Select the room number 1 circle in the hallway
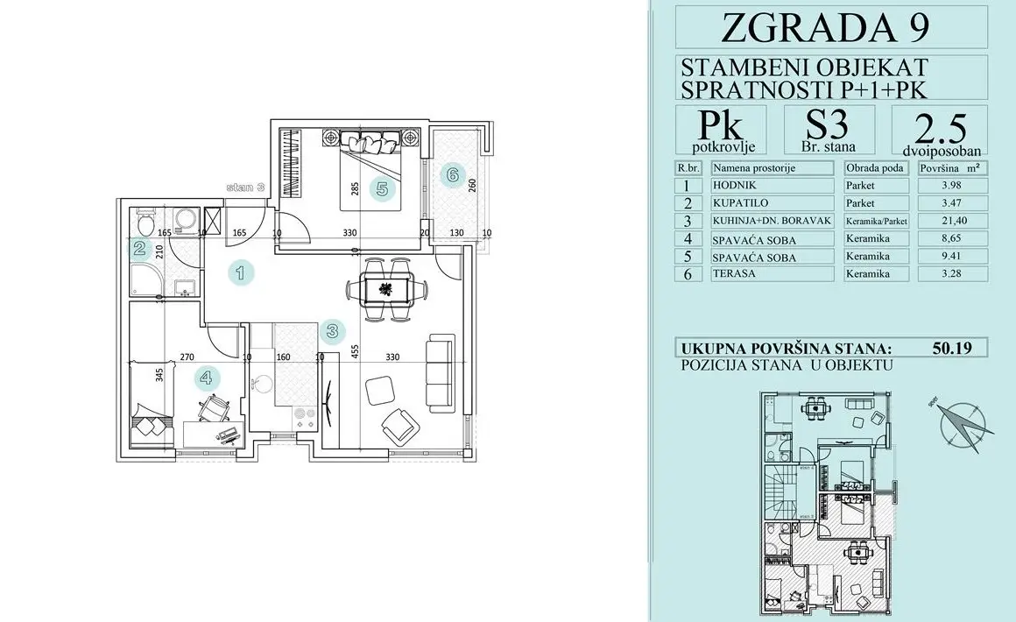(x=241, y=272)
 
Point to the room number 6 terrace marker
(x=452, y=174)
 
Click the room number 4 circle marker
(x=206, y=378)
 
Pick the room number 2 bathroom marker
(x=140, y=250)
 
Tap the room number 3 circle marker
(x=332, y=331)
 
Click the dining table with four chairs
(x=385, y=287)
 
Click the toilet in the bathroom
(x=145, y=216)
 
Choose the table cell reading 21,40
(x=951, y=221)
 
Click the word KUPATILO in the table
(x=740, y=203)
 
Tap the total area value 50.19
(x=951, y=349)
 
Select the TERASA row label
(x=735, y=274)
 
